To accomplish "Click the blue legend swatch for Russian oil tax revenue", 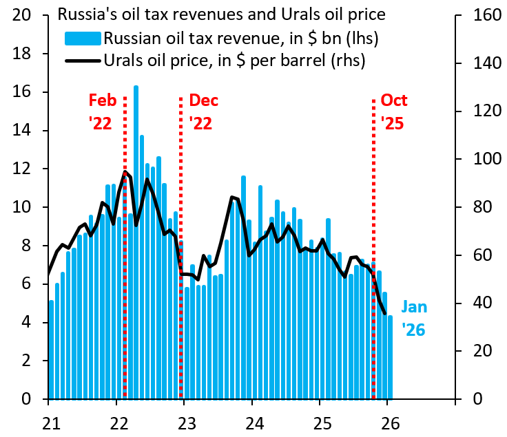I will [81, 37].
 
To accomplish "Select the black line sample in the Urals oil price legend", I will [81, 61].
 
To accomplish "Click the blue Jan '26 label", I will [414, 318].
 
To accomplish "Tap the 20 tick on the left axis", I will [24, 15].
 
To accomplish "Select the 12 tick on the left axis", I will [24, 169].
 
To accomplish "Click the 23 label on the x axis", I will [184, 421].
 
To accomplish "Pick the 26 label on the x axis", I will [388, 421].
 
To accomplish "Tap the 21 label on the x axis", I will [49, 421].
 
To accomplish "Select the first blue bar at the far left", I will [51, 350].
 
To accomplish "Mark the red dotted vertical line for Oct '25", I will [373, 248].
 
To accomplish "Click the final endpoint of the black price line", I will [384, 314].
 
